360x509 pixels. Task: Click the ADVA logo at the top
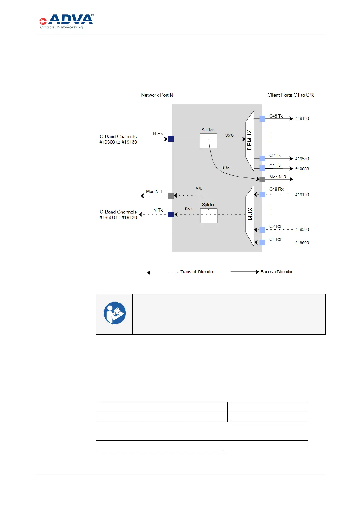coord(66,21)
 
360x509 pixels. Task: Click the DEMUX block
coord(250,140)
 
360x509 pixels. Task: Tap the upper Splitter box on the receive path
coord(208,141)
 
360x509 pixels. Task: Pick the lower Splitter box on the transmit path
coord(209,216)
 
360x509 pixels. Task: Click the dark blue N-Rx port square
coord(171,139)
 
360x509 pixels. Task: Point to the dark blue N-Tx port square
coord(171,214)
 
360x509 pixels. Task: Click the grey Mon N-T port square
coord(171,196)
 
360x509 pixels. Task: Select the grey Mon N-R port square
coord(262,179)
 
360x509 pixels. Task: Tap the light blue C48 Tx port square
coord(262,118)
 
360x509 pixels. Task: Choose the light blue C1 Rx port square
coord(262,242)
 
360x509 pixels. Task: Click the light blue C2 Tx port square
coord(262,158)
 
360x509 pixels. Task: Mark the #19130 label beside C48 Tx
coord(302,118)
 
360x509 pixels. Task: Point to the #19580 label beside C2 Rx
coord(302,229)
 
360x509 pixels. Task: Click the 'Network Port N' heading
coord(157,95)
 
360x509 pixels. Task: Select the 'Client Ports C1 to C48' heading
coord(291,95)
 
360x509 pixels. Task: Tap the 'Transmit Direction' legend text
coord(197,272)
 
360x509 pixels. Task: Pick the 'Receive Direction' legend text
coord(277,272)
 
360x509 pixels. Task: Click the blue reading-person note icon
coord(115,313)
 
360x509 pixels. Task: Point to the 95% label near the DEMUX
coord(229,135)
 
